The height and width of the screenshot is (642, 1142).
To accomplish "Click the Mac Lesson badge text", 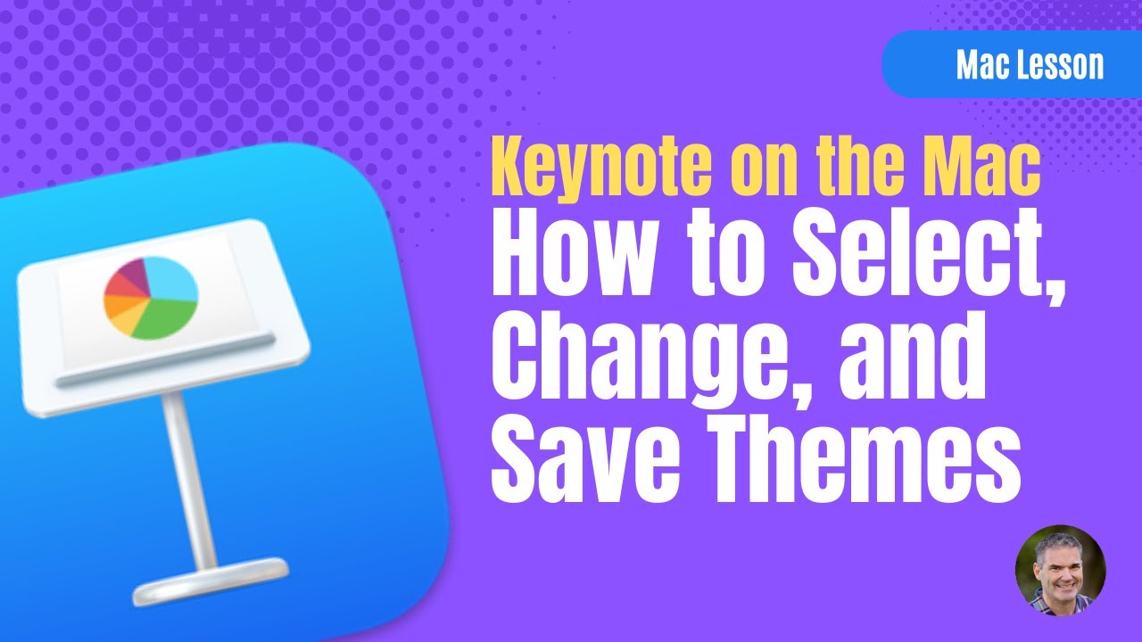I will coord(1030,65).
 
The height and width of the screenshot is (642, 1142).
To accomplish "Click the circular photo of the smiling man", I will coord(1060,570).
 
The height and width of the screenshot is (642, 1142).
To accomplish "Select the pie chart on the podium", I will coord(150,294).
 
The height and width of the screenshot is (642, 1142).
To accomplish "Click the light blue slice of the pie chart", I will coord(171,279).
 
